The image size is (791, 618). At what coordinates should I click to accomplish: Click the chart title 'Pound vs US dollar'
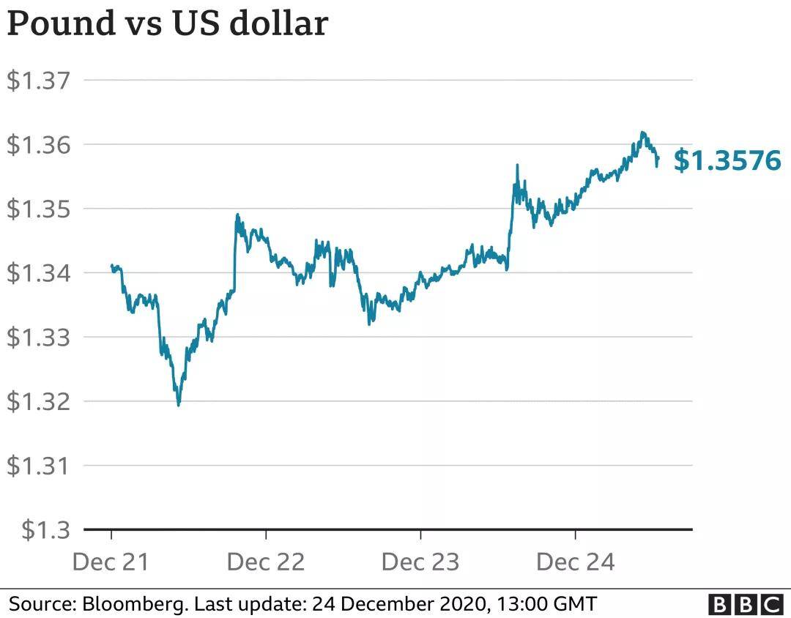(x=167, y=23)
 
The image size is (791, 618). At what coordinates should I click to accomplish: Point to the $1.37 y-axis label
(x=41, y=80)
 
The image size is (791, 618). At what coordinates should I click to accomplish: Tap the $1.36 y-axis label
(x=41, y=144)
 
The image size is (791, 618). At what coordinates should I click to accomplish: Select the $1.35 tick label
(x=41, y=209)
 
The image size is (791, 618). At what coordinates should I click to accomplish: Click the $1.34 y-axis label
(x=41, y=273)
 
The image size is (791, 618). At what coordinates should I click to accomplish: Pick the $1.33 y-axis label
(x=41, y=338)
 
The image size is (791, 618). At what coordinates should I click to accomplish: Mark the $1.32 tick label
(x=41, y=401)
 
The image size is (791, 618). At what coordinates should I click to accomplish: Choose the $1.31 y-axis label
(x=41, y=466)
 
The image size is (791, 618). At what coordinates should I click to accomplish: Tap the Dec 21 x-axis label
(x=111, y=562)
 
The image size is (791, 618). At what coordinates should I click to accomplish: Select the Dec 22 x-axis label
(x=266, y=562)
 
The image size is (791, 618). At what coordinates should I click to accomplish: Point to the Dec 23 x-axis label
(x=420, y=562)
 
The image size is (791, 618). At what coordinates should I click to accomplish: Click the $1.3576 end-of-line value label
(x=727, y=160)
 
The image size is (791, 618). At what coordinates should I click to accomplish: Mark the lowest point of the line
(x=179, y=405)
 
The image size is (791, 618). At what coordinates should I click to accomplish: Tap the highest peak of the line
(x=642, y=133)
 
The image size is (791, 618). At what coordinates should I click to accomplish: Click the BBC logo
(x=746, y=604)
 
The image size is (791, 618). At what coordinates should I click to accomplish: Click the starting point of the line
(x=111, y=266)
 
